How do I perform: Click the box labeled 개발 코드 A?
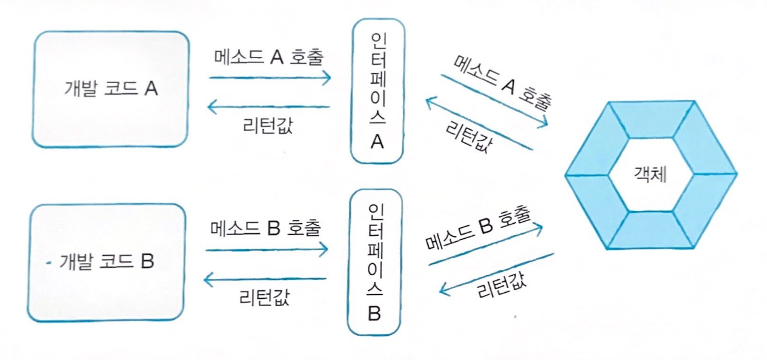point(110,89)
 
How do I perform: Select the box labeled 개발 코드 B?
point(107,262)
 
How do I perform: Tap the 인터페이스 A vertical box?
point(376,91)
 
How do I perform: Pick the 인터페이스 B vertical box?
point(373,262)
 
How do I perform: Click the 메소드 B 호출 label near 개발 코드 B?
point(267,228)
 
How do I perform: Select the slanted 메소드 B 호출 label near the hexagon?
point(479,232)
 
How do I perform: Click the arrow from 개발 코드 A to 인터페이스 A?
point(270,78)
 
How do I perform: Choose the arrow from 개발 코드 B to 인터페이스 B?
point(267,249)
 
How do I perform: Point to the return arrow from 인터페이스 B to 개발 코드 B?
point(265,279)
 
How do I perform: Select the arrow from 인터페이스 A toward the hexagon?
point(494,99)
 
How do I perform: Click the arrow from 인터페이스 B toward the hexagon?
point(485,245)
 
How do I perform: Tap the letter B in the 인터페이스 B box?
point(374,314)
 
